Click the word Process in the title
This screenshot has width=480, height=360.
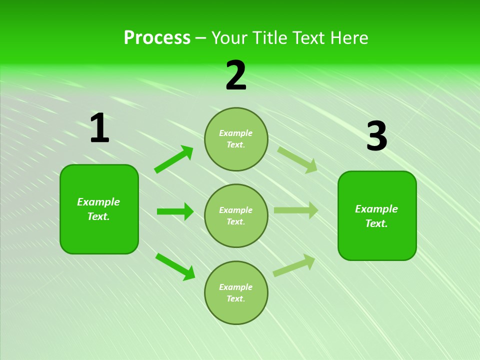[x=157, y=38]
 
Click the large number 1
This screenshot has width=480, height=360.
[x=99, y=128]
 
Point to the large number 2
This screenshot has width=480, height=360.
[x=236, y=76]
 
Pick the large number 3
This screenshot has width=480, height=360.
[x=376, y=136]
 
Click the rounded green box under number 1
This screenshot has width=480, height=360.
[x=99, y=209]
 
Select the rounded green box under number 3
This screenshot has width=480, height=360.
[x=377, y=215]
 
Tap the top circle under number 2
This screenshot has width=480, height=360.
[x=236, y=139]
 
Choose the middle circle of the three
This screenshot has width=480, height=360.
[x=236, y=215]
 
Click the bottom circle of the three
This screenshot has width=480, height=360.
[x=236, y=292]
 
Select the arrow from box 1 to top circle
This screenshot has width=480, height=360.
[x=174, y=159]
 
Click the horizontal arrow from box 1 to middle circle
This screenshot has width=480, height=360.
[x=175, y=211]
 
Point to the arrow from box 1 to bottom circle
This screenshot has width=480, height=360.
[x=175, y=266]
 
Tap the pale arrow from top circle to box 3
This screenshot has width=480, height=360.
[x=297, y=159]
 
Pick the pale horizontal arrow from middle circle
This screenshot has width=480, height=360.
[x=296, y=210]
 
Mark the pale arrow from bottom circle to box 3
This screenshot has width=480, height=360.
[x=294, y=265]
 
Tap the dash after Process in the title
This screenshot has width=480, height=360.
[x=201, y=38]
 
